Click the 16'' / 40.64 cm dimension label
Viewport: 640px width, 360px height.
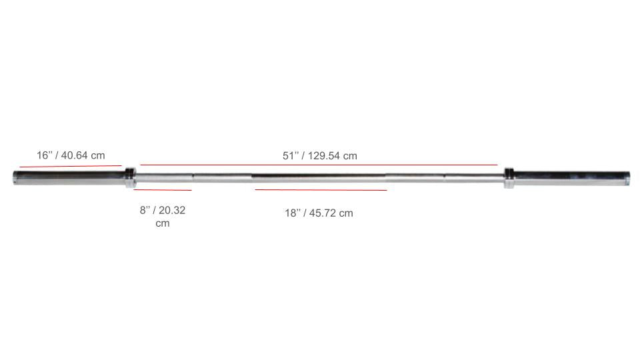(71, 155)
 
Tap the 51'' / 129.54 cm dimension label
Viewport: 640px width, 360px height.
(319, 156)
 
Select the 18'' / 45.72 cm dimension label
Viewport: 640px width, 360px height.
(319, 213)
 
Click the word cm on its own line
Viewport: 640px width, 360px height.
(163, 223)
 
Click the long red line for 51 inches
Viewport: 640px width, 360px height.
(319, 164)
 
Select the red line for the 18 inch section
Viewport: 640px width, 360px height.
(321, 190)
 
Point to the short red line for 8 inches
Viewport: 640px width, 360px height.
(163, 190)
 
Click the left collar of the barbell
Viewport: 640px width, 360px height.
(130, 177)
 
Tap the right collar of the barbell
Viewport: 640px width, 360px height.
(509, 177)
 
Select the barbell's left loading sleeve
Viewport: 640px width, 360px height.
(70, 177)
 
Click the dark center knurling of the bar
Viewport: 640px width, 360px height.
(319, 177)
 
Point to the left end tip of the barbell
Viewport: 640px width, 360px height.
(15, 177)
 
